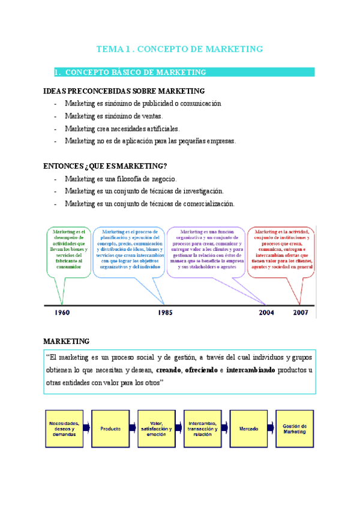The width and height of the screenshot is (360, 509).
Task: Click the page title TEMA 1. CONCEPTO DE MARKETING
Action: (180, 49)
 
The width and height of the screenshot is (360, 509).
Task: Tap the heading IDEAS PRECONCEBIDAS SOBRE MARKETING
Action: (124, 91)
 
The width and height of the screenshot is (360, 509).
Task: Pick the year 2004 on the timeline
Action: (268, 313)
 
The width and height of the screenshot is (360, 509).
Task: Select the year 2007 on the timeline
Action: (301, 313)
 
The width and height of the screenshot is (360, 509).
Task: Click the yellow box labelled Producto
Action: (111, 429)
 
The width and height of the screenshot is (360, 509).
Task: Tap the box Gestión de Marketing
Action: (295, 429)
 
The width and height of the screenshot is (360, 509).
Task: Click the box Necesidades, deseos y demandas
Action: (64, 429)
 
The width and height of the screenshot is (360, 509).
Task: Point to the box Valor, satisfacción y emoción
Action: (157, 429)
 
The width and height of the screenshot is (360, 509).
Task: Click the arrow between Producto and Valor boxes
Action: (133, 429)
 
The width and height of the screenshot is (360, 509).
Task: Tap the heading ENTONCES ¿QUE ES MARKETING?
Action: (106, 166)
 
